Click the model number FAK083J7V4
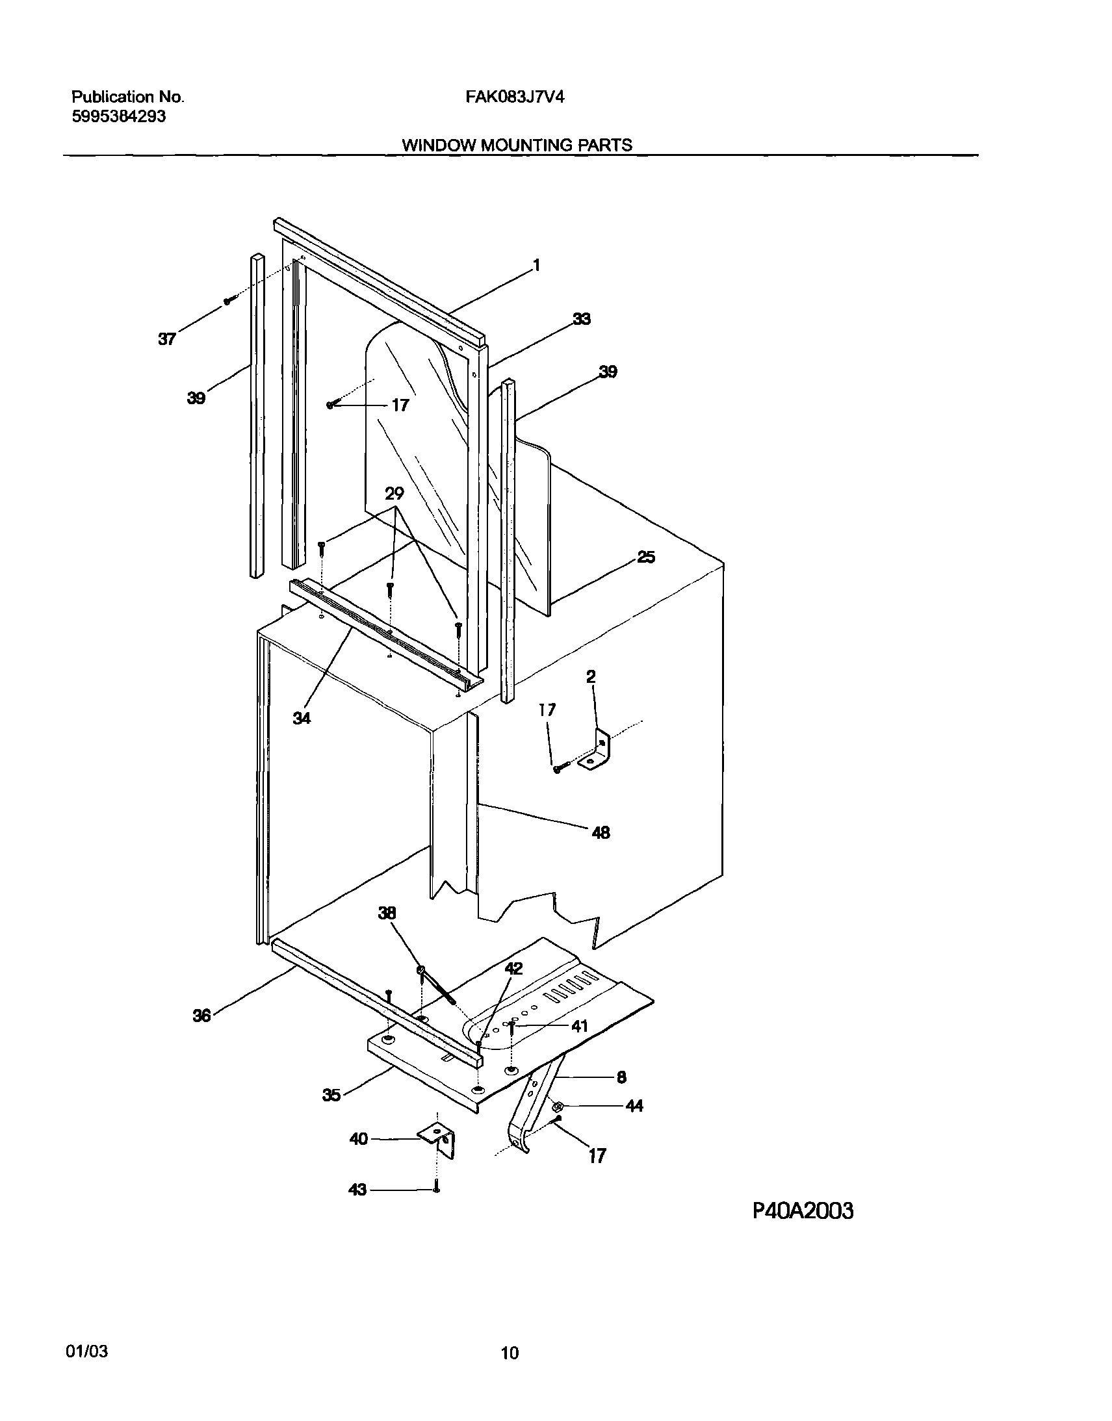pyautogui.click(x=514, y=97)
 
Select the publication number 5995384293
pyautogui.click(x=118, y=116)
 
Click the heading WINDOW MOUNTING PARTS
pyautogui.click(x=516, y=145)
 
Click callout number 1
pyautogui.click(x=536, y=265)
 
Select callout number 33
pyautogui.click(x=582, y=319)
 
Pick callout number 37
pyautogui.click(x=166, y=339)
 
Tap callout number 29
pyautogui.click(x=394, y=493)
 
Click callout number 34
pyautogui.click(x=302, y=718)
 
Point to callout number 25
pyautogui.click(x=645, y=557)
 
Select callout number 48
pyautogui.click(x=601, y=832)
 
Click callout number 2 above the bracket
pyautogui.click(x=591, y=677)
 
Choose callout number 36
pyautogui.click(x=202, y=1016)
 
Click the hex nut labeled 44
pyautogui.click(x=558, y=1106)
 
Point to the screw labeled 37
pyautogui.click(x=228, y=301)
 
